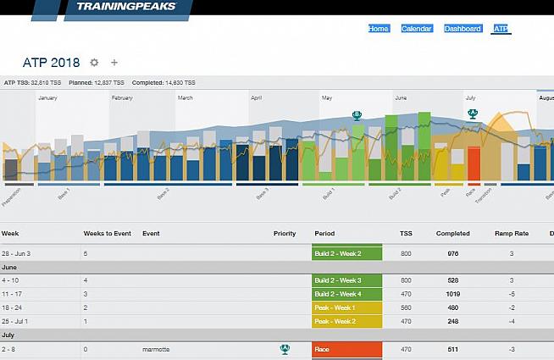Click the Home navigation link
(x=379, y=29)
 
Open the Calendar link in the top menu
(x=416, y=29)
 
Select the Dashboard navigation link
(x=463, y=29)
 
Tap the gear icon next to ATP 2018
(x=94, y=63)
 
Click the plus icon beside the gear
(x=114, y=63)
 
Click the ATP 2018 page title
(x=53, y=63)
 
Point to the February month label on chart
(x=122, y=98)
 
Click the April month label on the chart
(x=256, y=98)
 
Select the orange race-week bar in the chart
(x=474, y=163)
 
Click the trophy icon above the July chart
(x=473, y=114)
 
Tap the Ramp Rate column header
(x=510, y=233)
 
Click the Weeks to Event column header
(x=105, y=233)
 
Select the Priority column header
(x=285, y=233)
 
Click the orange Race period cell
(x=347, y=348)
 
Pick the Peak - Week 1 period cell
(x=347, y=307)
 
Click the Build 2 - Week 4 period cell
(x=347, y=294)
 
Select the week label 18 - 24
(x=12, y=307)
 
